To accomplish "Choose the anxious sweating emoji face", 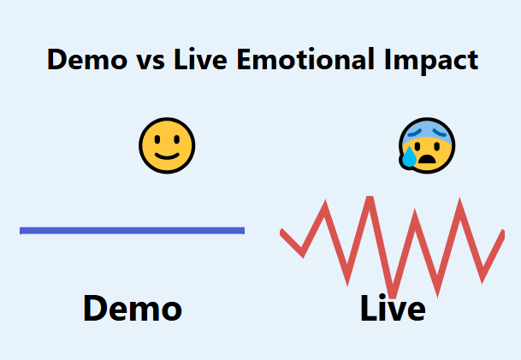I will coord(427,145).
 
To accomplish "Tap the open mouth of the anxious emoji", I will coord(431,158).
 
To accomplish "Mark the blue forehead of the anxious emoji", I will coord(428,128).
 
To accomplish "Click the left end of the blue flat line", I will coord(22,230).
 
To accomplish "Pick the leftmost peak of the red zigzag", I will coord(324,204).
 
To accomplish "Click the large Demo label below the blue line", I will coord(132,309).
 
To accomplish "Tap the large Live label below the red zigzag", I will coord(393,309).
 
